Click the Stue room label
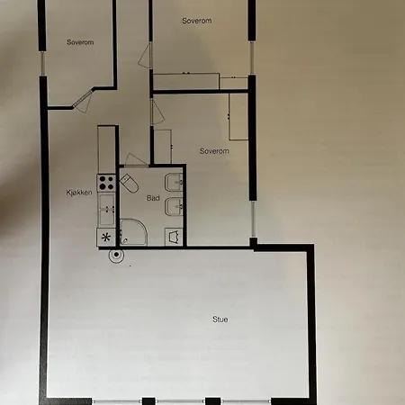coord(220,319)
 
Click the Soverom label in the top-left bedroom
coord(81,42)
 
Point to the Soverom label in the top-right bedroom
coord(195,20)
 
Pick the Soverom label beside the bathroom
coord(214,151)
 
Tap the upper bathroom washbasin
coord(175,180)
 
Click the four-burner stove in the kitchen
coord(106,184)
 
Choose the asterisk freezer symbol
coord(106,238)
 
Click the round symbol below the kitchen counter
coord(115,255)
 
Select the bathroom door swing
coord(130,160)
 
